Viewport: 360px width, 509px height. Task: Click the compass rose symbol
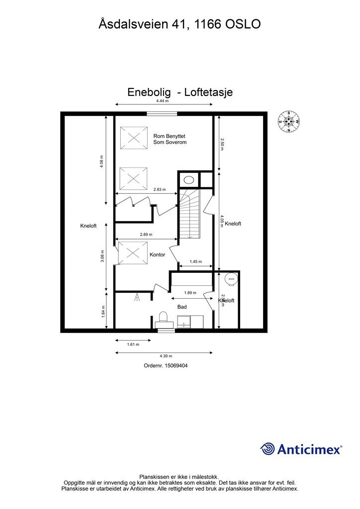click(x=289, y=121)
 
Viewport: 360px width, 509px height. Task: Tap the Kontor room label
click(x=157, y=254)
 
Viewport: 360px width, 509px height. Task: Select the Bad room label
click(x=182, y=307)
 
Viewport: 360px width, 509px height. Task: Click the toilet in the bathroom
click(x=163, y=318)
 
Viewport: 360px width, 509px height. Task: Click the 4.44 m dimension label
click(x=163, y=100)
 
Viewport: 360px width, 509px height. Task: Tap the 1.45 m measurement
click(x=196, y=262)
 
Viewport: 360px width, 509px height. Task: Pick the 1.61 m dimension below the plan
click(x=132, y=344)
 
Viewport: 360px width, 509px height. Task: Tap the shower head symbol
click(x=137, y=298)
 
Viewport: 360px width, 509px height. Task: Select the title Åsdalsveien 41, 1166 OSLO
click(x=180, y=24)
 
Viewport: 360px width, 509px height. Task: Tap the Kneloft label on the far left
click(x=88, y=226)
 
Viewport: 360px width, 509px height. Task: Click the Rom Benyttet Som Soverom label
click(x=170, y=139)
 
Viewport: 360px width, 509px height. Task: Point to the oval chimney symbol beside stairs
click(x=189, y=179)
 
